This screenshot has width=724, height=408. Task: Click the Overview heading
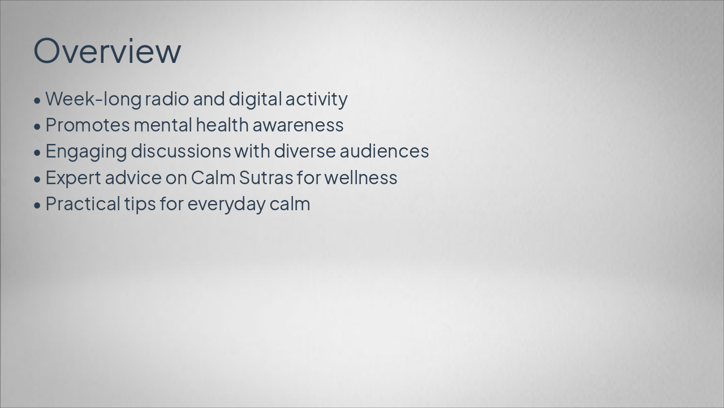(x=107, y=50)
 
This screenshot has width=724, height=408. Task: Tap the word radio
(x=167, y=99)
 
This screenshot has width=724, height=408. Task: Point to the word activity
(x=316, y=99)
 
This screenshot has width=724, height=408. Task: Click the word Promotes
(x=87, y=125)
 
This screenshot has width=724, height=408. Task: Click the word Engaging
(x=86, y=151)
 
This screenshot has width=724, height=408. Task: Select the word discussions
(x=181, y=151)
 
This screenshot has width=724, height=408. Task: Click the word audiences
(x=384, y=151)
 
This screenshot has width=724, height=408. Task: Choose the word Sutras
(x=265, y=178)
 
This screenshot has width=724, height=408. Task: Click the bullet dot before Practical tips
(x=37, y=205)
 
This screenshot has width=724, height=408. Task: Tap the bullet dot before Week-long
(x=37, y=100)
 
